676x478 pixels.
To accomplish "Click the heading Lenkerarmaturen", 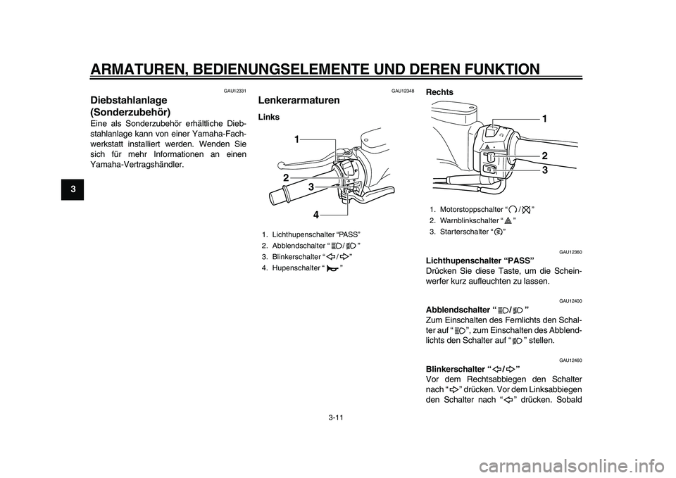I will [x=299, y=100].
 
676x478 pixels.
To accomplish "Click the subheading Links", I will [x=270, y=116].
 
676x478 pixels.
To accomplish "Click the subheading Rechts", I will [x=440, y=92].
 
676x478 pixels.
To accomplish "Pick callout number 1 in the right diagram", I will [x=545, y=120].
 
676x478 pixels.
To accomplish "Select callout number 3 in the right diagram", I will [x=545, y=170].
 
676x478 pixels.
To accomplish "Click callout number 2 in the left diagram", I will [x=287, y=177].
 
